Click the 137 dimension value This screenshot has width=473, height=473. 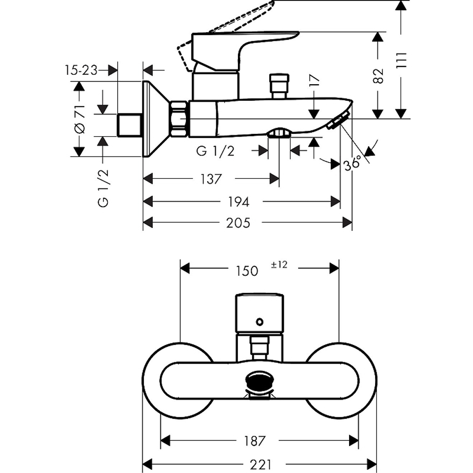[211, 179]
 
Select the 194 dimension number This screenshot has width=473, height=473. [238, 202]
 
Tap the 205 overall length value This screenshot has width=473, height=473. [238, 223]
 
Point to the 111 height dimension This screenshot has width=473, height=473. [402, 60]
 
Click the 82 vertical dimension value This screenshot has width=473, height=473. [378, 76]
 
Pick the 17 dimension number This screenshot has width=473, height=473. [314, 80]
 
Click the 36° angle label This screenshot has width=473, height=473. [352, 163]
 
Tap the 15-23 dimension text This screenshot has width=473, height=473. [81, 70]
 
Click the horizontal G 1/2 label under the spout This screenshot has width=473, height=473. [215, 151]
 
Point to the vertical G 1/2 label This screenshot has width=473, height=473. [103, 188]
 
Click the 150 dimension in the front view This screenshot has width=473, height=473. [247, 271]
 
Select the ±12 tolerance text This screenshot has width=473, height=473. [279, 264]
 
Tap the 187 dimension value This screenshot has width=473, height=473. [254, 441]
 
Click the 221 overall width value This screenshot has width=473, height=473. [261, 464]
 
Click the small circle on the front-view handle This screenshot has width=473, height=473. [259, 322]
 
